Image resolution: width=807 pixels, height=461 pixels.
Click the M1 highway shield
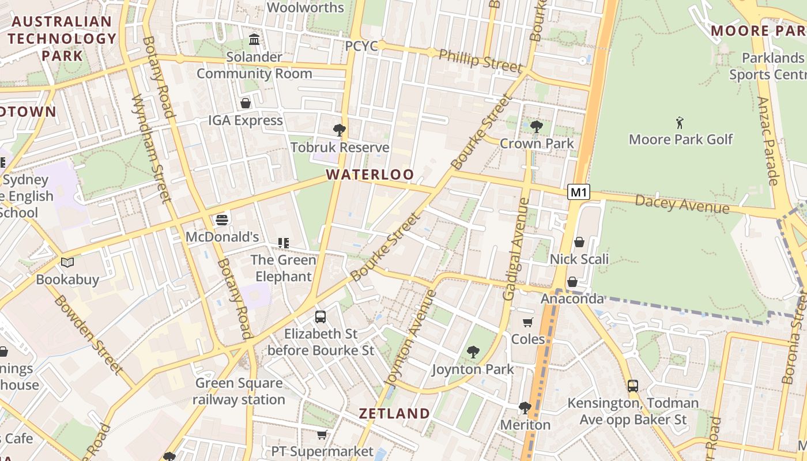point(579,192)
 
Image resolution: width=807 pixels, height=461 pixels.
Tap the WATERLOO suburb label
point(369,175)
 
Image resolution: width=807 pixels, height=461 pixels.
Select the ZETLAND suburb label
point(394,413)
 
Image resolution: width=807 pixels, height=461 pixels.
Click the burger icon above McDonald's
point(222,220)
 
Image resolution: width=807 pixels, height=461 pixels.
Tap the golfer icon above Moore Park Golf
point(680,122)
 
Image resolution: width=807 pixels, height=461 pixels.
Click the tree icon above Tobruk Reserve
point(340,130)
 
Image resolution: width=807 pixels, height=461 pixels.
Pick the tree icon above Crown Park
point(537,126)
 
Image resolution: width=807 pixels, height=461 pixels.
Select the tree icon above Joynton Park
point(473,352)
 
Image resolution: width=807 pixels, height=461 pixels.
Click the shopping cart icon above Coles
point(528,322)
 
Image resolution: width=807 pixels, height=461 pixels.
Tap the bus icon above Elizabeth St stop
point(320,316)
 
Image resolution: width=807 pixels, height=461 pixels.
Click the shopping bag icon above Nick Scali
point(579,242)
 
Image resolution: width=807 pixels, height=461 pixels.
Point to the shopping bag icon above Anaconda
point(572,282)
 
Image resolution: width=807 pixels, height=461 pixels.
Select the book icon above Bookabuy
point(67,263)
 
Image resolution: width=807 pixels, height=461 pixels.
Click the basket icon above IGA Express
point(246,103)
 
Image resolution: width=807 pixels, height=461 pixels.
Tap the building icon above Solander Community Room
point(254,40)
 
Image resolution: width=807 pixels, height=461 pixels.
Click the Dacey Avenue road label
point(682,204)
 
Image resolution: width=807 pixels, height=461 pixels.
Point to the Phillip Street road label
point(481,61)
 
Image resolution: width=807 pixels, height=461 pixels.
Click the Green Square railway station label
point(239,391)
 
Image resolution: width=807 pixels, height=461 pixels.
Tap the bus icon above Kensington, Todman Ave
point(633,386)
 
